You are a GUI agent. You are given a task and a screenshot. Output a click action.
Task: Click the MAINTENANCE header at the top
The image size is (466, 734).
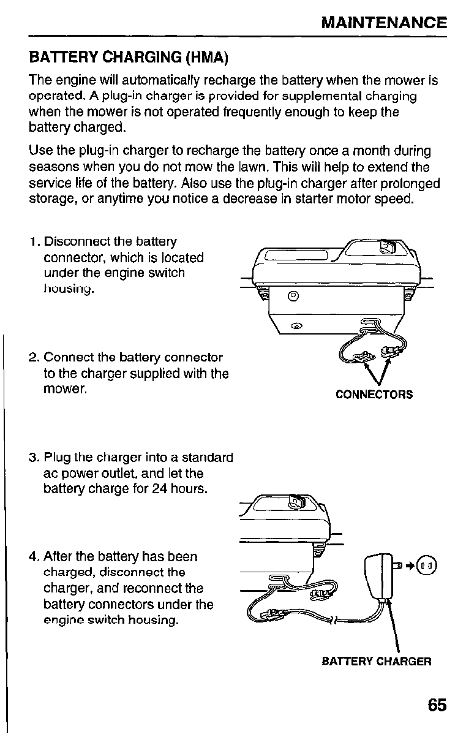click(x=384, y=23)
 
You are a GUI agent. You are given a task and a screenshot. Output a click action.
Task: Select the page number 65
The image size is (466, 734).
click(x=437, y=705)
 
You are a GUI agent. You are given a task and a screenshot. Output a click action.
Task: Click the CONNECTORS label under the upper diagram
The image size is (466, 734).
click(x=374, y=395)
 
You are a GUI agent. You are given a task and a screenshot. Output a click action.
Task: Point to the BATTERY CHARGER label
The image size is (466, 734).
click(x=377, y=662)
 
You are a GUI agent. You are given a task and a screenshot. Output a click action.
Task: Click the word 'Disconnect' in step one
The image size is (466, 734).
click(x=75, y=243)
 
